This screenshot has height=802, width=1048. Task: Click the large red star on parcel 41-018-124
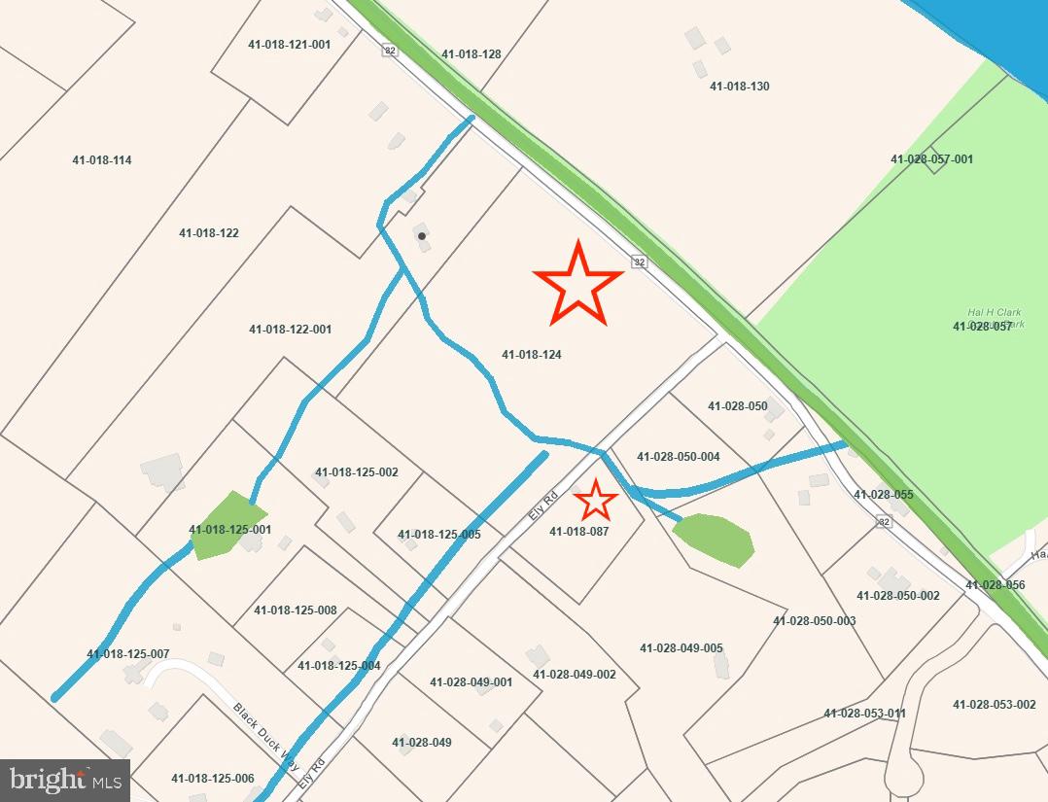pyautogui.click(x=577, y=283)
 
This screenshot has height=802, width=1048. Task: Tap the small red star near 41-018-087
pyautogui.click(x=596, y=501)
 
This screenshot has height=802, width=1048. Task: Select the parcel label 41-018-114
pyautogui.click(x=102, y=160)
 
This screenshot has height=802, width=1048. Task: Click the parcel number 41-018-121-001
pyautogui.click(x=290, y=45)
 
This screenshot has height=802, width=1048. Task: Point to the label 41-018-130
pyautogui.click(x=740, y=87)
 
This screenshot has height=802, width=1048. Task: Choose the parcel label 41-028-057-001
pyautogui.click(x=931, y=159)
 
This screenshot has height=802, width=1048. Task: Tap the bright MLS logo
pyautogui.click(x=65, y=780)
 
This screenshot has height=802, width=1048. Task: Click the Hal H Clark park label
pyautogui.click(x=995, y=318)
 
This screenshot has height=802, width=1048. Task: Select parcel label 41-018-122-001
pyautogui.click(x=291, y=330)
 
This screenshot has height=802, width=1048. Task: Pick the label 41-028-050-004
pyautogui.click(x=679, y=457)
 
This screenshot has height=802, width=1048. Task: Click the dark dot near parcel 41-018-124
pyautogui.click(x=421, y=236)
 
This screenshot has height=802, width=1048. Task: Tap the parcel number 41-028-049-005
pyautogui.click(x=681, y=648)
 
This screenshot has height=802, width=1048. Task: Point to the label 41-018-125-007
pyautogui.click(x=128, y=654)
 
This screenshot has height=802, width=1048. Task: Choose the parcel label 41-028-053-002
pyautogui.click(x=995, y=705)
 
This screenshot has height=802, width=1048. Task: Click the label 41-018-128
pyautogui.click(x=472, y=54)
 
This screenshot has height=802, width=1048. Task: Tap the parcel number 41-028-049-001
pyautogui.click(x=472, y=682)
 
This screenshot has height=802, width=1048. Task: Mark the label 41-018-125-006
pyautogui.click(x=213, y=779)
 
